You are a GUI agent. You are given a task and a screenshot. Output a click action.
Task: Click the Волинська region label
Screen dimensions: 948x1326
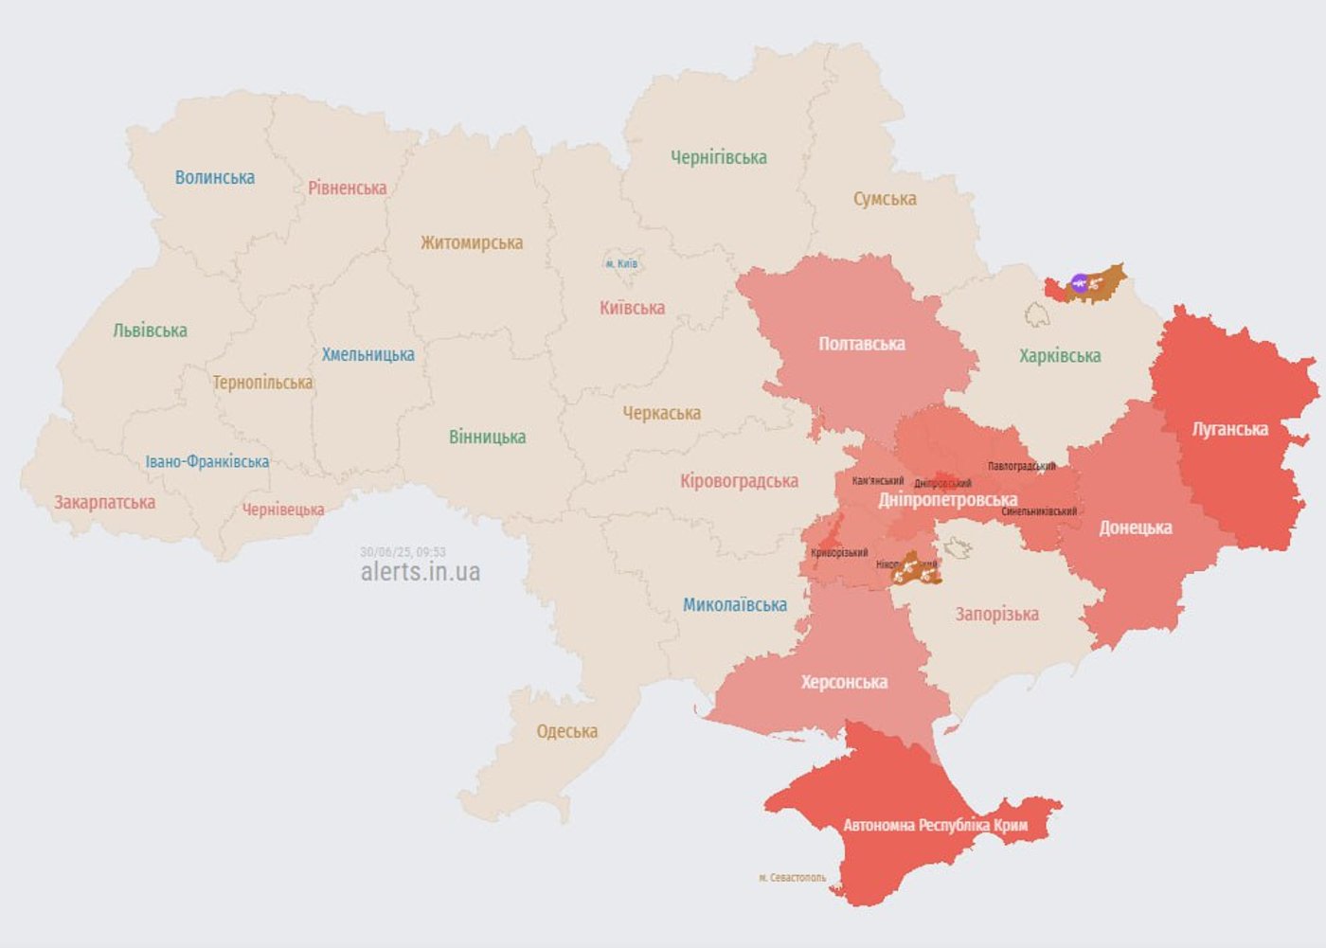[x=215, y=178]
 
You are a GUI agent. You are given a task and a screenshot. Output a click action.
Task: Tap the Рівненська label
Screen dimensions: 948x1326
[x=347, y=188]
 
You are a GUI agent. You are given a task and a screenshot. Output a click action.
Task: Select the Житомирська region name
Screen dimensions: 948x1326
[x=472, y=243]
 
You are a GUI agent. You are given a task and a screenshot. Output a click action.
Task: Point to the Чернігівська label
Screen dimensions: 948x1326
[x=719, y=158]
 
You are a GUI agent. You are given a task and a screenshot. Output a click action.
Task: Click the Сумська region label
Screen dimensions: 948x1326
[x=885, y=199]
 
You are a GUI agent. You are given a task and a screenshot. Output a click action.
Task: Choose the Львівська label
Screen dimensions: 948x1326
[x=150, y=331]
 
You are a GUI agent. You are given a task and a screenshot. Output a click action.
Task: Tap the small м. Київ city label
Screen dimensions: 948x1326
[x=621, y=264]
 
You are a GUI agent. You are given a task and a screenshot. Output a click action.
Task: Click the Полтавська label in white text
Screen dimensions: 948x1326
[x=862, y=345]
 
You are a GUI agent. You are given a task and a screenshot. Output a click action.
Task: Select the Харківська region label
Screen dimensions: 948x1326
[x=1060, y=357]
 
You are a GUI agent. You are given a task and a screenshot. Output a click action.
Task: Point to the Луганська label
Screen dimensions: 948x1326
[x=1229, y=430]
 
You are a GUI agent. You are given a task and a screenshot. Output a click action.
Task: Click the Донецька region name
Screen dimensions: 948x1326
[x=1136, y=528]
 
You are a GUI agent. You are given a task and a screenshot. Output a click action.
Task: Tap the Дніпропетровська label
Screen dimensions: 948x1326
[x=947, y=500]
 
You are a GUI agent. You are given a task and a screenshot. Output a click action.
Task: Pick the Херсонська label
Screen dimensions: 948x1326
[x=844, y=683]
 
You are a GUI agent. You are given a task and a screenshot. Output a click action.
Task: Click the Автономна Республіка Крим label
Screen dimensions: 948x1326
[x=935, y=826]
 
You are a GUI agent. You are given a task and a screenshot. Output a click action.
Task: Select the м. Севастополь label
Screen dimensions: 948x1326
[x=792, y=878]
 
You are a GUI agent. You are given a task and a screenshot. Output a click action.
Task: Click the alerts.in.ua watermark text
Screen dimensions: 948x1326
[x=421, y=572]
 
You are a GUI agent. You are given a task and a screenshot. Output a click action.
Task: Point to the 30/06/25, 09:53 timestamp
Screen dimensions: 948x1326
[x=403, y=552]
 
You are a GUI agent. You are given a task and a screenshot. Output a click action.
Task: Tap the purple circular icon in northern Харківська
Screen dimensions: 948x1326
[x=1079, y=282]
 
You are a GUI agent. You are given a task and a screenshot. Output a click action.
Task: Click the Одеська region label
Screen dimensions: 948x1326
[x=566, y=732]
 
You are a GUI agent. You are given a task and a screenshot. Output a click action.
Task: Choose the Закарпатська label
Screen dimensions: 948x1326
[x=104, y=503]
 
